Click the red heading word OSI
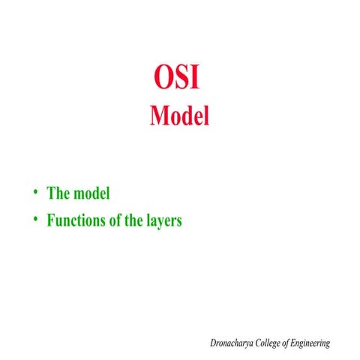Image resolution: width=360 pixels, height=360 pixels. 178,79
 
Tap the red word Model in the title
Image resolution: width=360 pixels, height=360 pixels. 179,116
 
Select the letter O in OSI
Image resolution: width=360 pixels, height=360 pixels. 163,79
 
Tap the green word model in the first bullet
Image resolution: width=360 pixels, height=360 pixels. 92,193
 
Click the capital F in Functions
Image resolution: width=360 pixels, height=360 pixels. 51,221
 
